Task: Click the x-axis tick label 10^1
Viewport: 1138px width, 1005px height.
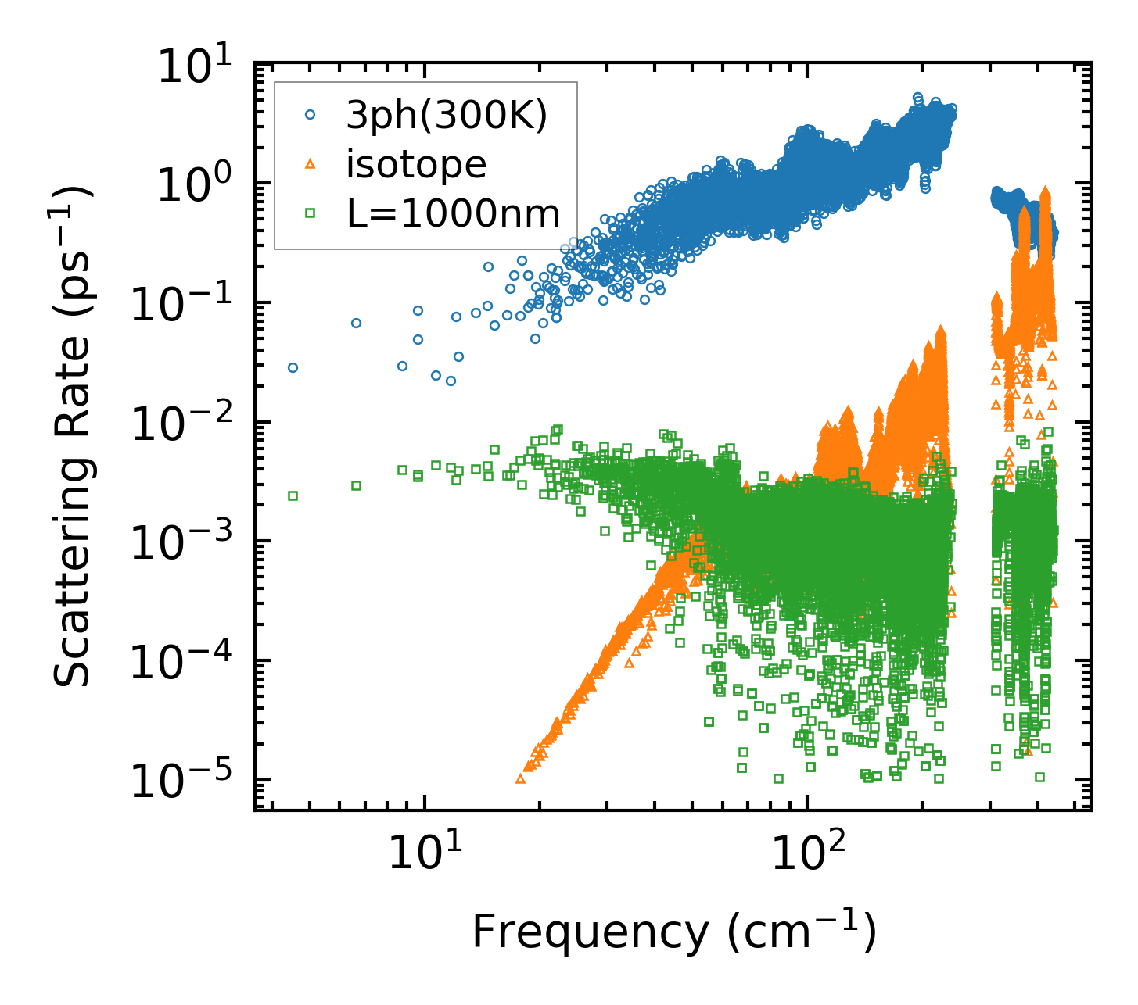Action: click(422, 853)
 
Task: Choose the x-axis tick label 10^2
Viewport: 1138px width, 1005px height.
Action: click(806, 853)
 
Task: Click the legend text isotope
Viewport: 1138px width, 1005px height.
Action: click(417, 164)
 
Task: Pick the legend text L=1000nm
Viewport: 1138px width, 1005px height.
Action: click(454, 213)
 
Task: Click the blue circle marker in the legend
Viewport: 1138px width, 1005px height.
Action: click(311, 115)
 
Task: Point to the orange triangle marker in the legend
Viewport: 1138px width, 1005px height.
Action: click(311, 163)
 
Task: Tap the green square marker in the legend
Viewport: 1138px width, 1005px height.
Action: click(311, 212)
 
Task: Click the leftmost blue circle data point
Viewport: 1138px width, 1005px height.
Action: click(293, 367)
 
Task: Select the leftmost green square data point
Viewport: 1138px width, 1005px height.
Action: click(293, 495)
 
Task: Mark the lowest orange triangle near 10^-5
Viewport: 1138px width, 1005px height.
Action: click(521, 778)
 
